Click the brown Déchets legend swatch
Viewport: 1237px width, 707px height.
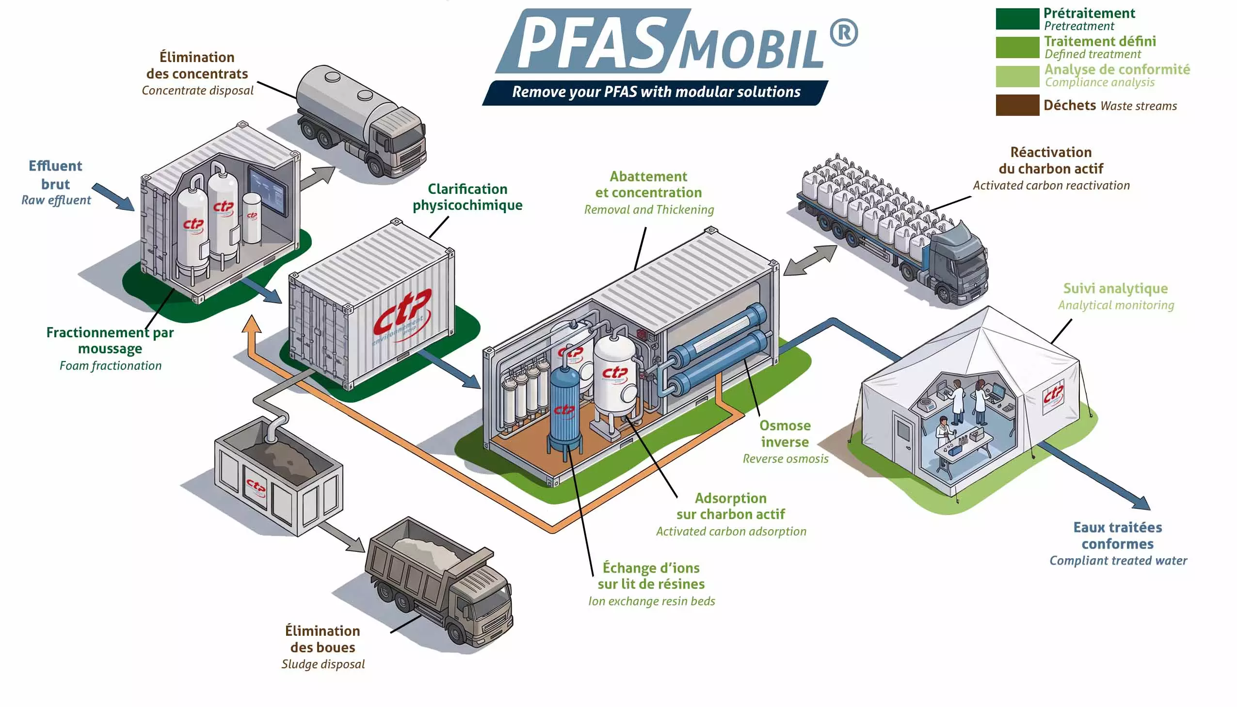1017,105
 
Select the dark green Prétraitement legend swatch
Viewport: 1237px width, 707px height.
1017,18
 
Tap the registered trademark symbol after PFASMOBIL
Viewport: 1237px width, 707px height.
843,32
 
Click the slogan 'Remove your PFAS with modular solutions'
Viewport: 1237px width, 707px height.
656,92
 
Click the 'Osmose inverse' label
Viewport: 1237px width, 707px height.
785,434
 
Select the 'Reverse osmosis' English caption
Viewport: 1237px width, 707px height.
785,459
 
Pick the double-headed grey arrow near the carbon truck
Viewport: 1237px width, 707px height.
810,261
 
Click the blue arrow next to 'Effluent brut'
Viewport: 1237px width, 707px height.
113,197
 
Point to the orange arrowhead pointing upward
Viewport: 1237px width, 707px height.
252,324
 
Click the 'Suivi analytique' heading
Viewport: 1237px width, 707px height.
1115,288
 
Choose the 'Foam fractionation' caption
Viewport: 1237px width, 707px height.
110,366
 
